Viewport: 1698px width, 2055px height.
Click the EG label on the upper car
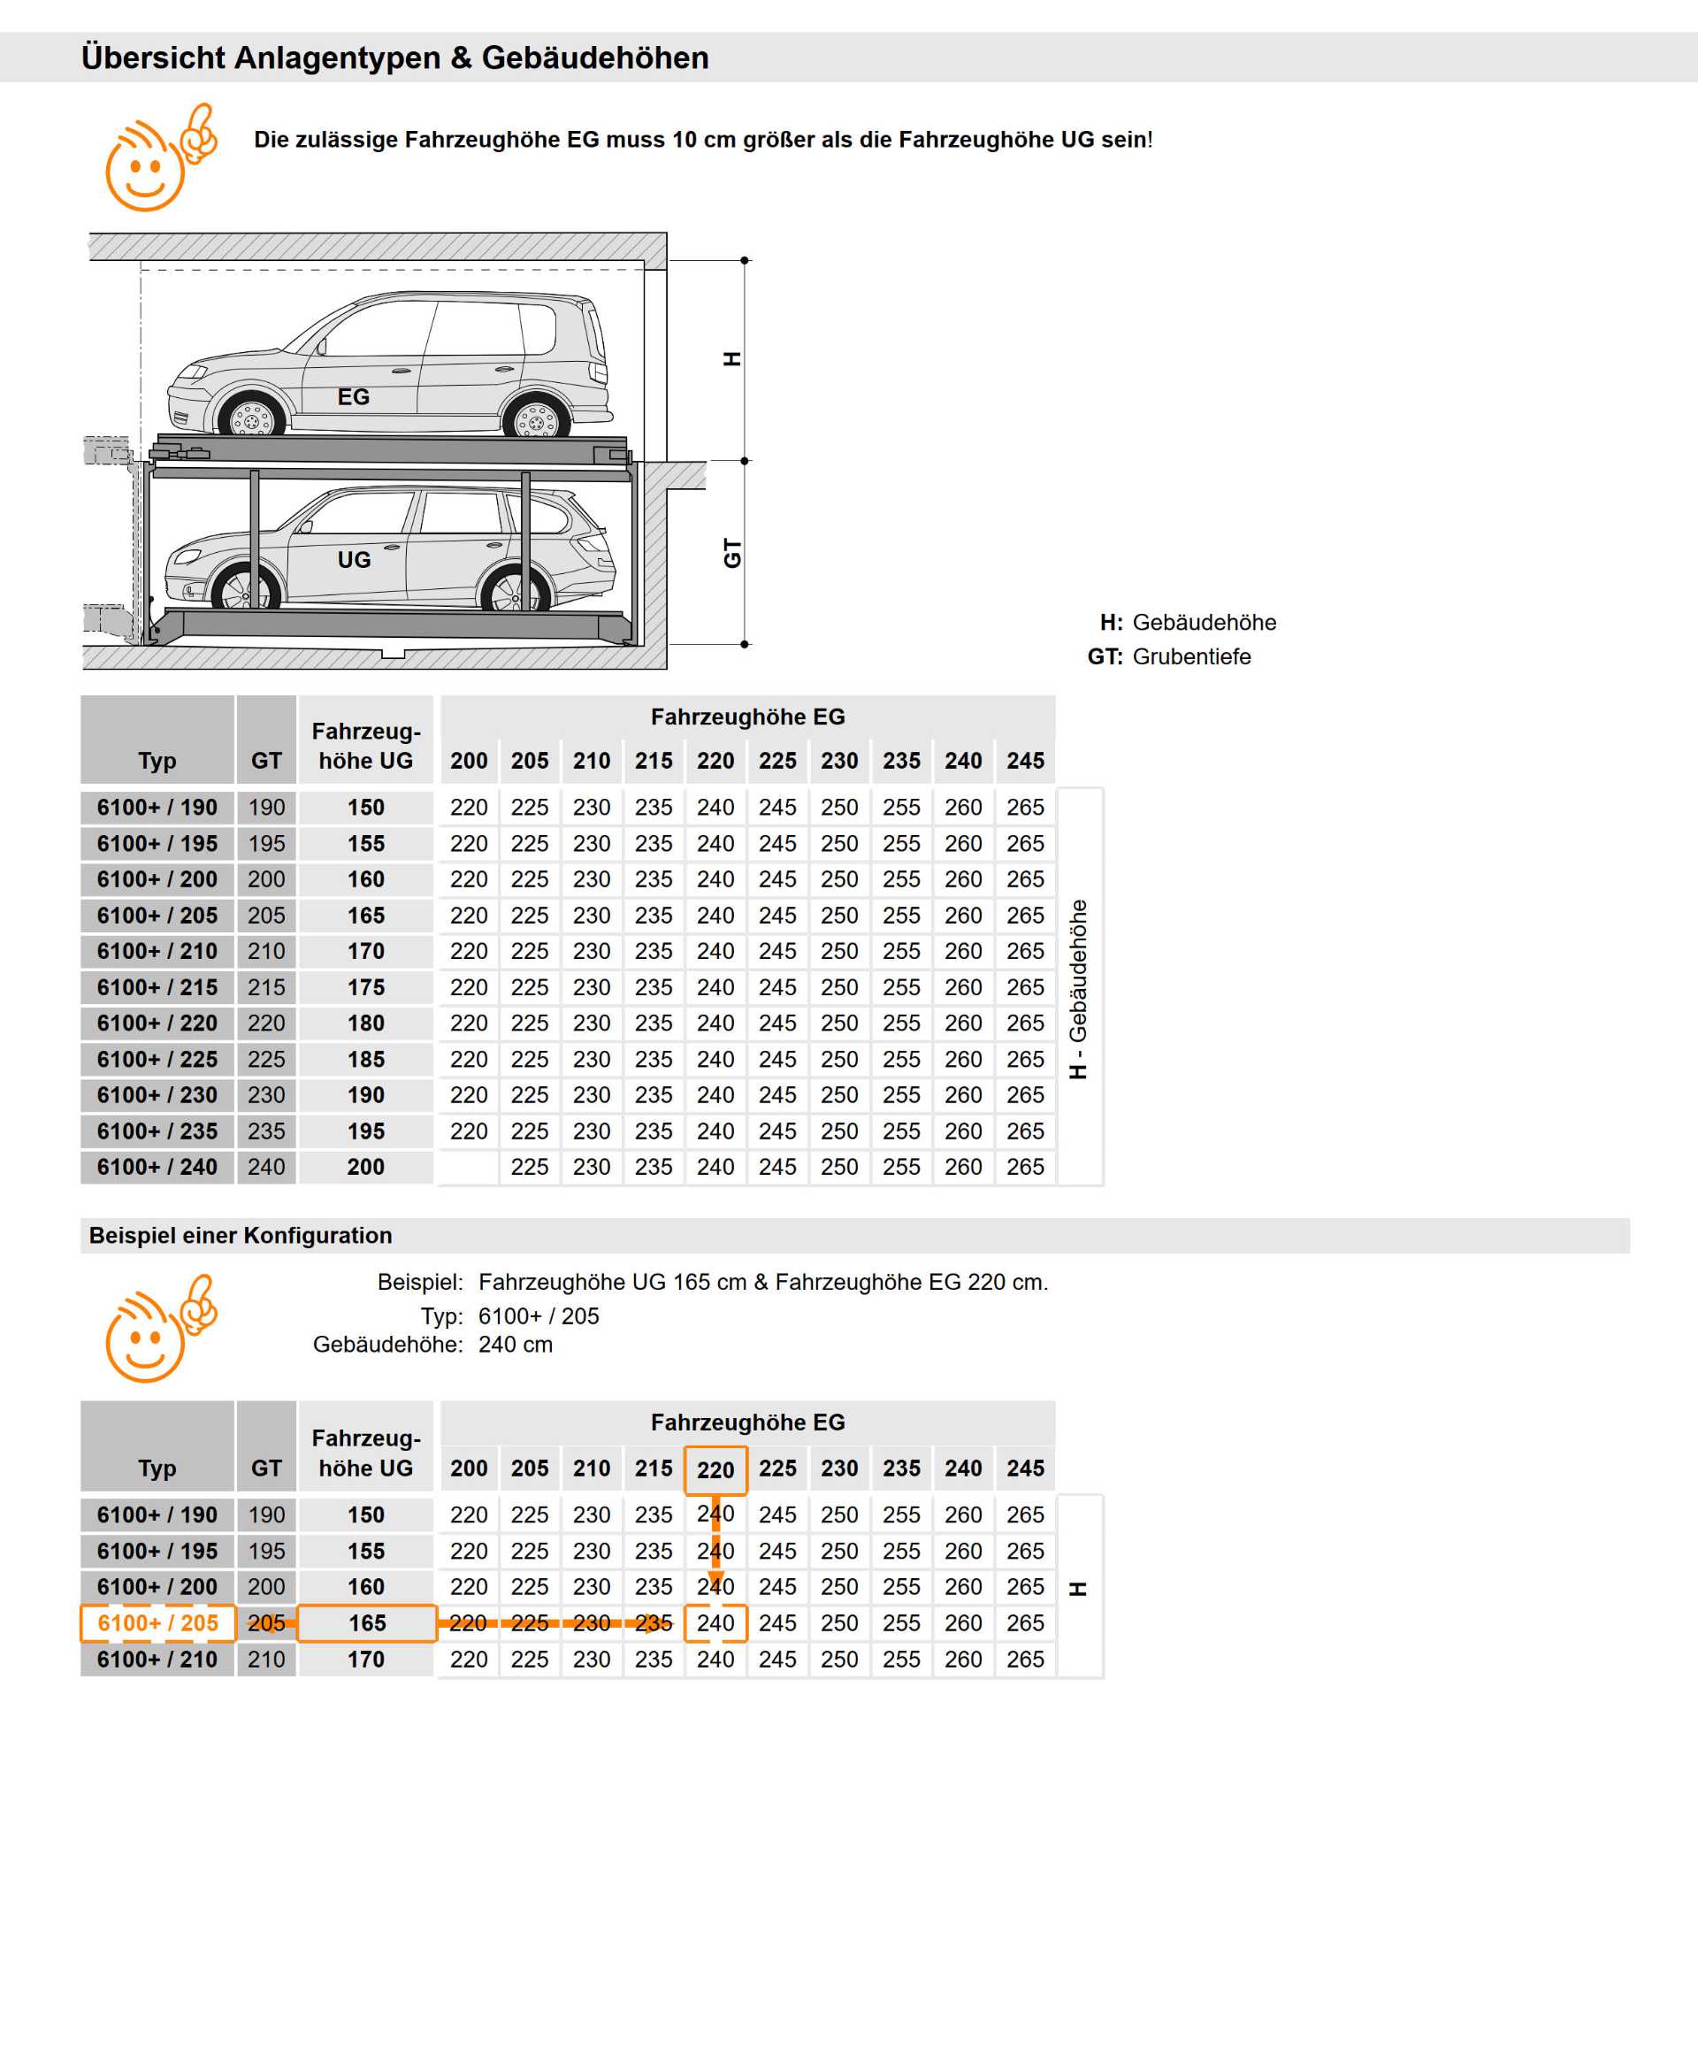point(353,396)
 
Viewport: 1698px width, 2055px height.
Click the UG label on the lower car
point(354,560)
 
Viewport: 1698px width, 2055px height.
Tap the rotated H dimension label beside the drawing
point(731,358)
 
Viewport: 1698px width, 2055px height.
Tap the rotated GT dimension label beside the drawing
point(731,553)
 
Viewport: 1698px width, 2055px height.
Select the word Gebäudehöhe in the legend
point(1204,623)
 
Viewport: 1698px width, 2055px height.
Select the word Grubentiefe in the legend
point(1191,656)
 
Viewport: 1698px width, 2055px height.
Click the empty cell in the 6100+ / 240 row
point(469,1167)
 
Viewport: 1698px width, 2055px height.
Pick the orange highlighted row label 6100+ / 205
point(157,1622)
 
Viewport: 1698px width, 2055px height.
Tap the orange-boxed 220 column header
point(715,1469)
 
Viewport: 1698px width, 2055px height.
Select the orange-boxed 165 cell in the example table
point(367,1622)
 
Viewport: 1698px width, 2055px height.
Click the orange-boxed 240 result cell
point(715,1622)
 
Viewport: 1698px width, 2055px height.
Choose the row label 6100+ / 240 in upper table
point(157,1167)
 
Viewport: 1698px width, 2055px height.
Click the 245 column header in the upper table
point(1025,761)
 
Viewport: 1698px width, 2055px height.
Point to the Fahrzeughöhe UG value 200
point(366,1167)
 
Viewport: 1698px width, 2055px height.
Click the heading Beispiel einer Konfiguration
point(241,1235)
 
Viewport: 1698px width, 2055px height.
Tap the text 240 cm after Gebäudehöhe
point(516,1345)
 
